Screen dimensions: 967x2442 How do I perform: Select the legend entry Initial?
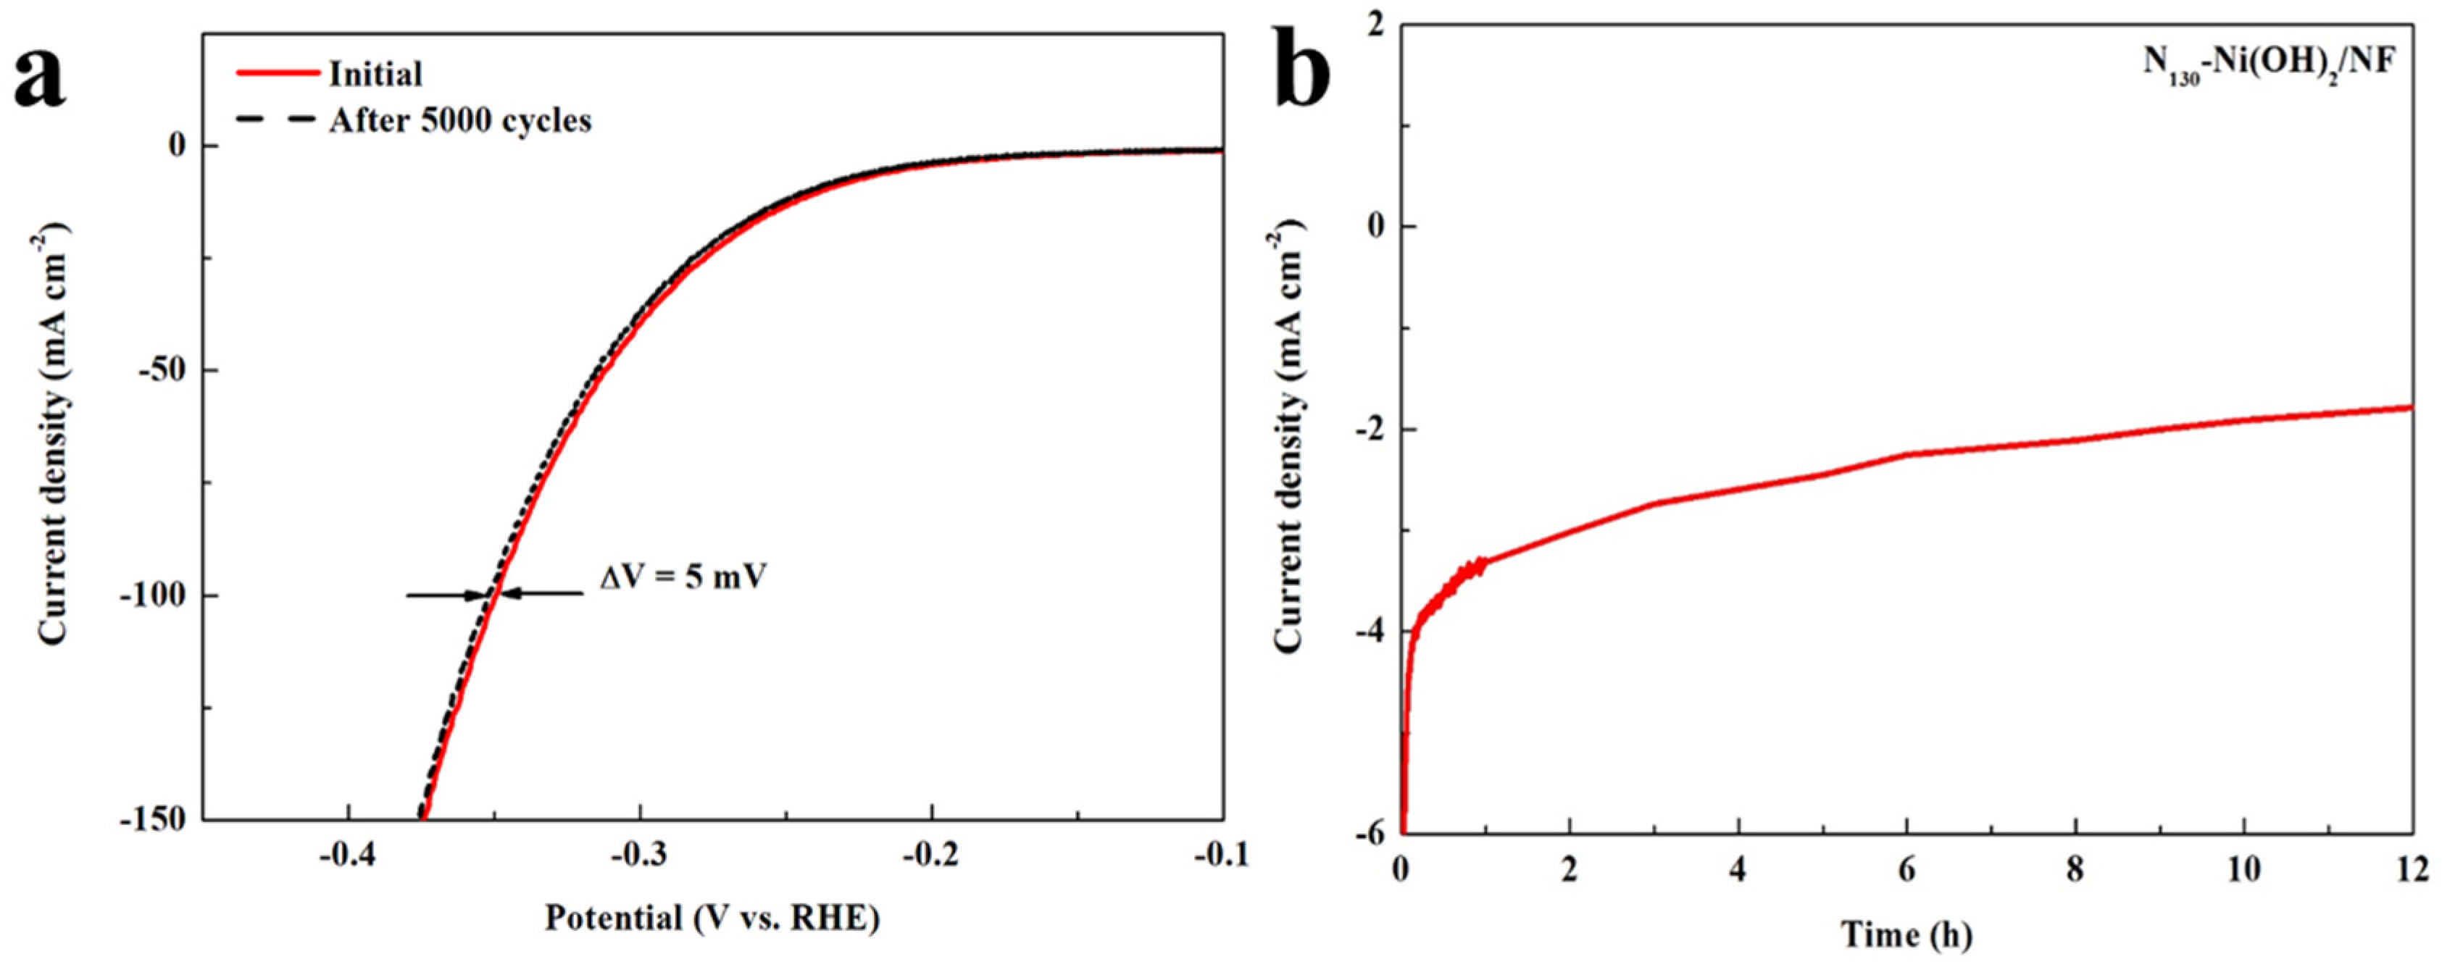(375, 74)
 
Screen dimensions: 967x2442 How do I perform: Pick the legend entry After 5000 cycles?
(459, 120)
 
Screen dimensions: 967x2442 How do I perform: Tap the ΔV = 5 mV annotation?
(683, 577)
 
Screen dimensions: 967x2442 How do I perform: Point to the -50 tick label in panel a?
(166, 371)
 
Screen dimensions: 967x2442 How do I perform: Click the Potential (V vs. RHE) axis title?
(712, 918)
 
